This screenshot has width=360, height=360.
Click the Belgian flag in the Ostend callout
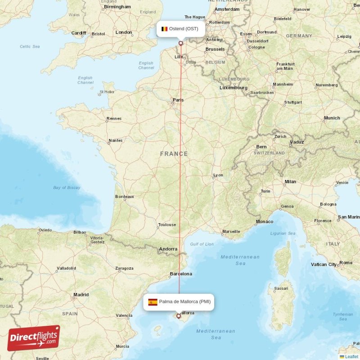(x=165, y=29)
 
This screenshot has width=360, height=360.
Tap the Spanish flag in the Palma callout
(x=153, y=302)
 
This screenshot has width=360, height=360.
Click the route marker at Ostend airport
(x=181, y=43)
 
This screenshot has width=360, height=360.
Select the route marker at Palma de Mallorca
(x=179, y=316)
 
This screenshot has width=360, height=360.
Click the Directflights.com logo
(x=34, y=338)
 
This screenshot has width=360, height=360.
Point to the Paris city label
(x=178, y=100)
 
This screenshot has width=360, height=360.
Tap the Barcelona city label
(x=181, y=274)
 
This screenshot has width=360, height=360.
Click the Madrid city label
(x=81, y=295)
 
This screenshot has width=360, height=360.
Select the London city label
(x=124, y=32)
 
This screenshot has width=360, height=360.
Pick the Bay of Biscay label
(x=66, y=188)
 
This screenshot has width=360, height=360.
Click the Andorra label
(x=168, y=249)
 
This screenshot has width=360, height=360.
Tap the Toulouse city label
(x=167, y=225)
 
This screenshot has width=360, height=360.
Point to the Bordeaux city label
(x=125, y=197)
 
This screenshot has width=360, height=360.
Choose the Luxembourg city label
(x=234, y=88)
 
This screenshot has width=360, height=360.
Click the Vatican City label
(x=324, y=265)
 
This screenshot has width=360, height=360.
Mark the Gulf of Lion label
(x=202, y=244)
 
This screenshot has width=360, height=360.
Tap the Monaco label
(x=264, y=221)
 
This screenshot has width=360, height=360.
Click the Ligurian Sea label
(x=283, y=234)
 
